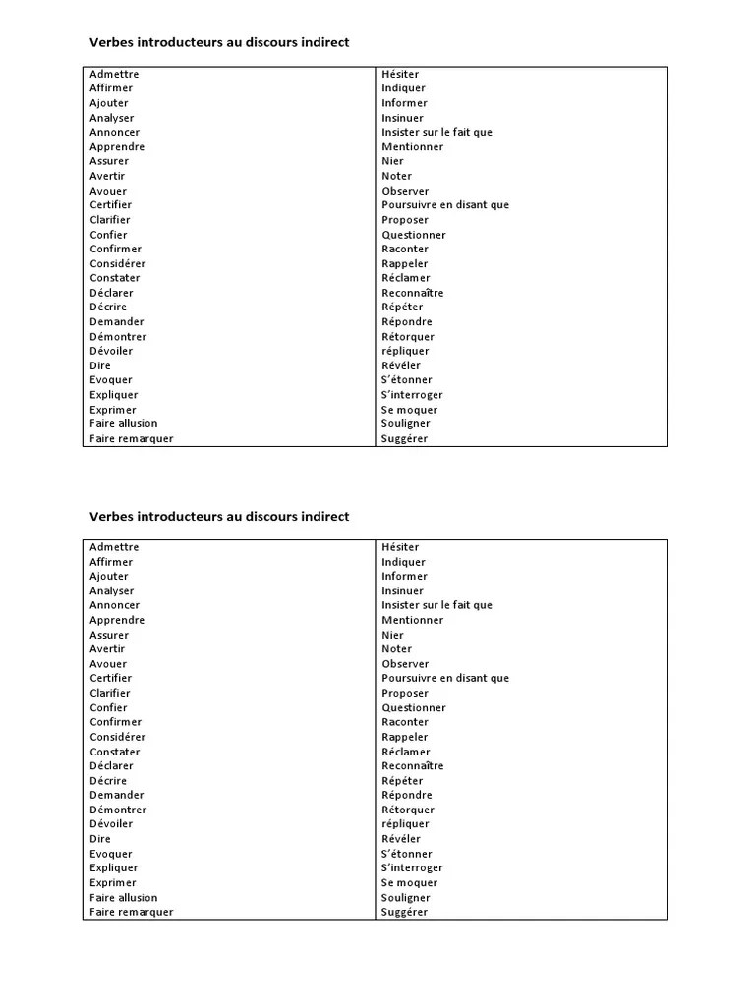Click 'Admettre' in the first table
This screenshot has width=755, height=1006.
point(114,74)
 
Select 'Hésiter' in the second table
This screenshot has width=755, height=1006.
point(400,547)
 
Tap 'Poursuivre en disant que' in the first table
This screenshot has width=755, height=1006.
point(445,205)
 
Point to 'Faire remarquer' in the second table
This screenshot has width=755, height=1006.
point(131,912)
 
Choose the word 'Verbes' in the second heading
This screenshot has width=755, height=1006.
point(110,516)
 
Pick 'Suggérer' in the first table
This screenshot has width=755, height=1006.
point(405,438)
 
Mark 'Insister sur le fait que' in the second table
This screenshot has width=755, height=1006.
point(437,605)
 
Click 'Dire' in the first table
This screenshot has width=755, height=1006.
point(100,365)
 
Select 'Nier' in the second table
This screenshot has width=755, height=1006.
point(393,635)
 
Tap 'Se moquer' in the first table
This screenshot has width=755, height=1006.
point(410,410)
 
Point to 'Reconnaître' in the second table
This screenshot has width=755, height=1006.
point(413,765)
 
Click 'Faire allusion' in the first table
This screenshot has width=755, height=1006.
point(123,423)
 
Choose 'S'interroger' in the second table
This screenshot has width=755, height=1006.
point(412,867)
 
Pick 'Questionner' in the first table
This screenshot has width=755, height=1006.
point(414,235)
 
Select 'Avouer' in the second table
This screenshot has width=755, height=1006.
point(108,664)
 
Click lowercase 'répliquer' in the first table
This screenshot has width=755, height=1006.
point(405,351)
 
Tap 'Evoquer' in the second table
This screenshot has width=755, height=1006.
point(111,854)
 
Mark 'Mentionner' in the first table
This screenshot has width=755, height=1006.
point(413,146)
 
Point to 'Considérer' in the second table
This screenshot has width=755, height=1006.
point(118,737)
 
